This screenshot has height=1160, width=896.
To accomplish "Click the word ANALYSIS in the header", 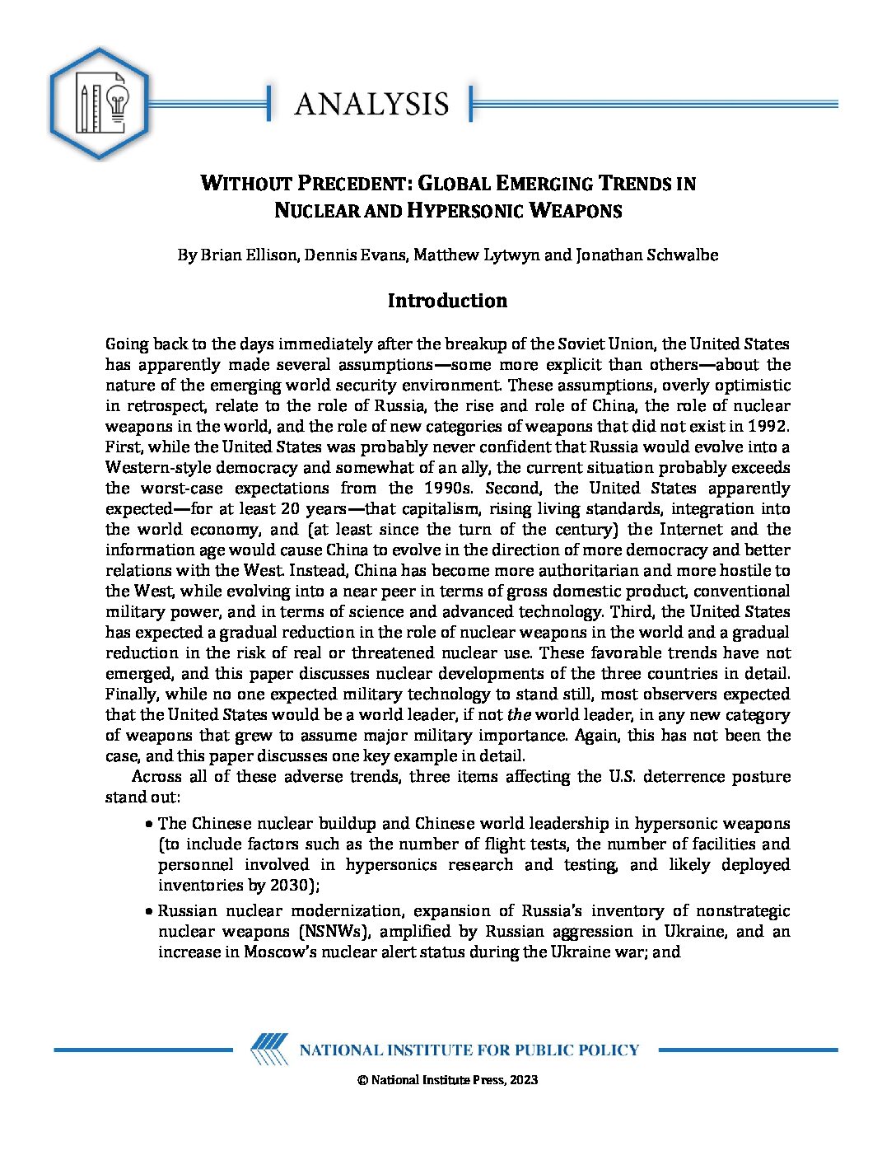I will (371, 104).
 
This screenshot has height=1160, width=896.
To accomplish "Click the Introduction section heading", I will (447, 301).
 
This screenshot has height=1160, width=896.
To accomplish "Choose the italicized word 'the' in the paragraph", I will (519, 715).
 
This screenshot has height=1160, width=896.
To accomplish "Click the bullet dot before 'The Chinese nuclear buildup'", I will (148, 824).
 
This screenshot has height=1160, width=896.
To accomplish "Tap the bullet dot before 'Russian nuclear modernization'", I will (148, 911).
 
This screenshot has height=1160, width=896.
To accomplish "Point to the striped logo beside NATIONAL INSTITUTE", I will (269, 1050).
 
